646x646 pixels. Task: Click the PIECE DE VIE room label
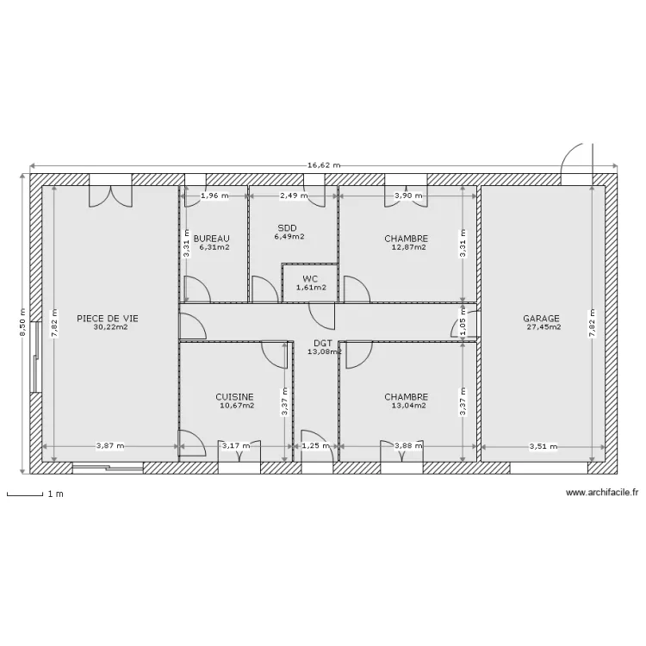pos(107,318)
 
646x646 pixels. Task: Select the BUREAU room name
pos(211,239)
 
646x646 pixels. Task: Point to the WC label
pos(309,278)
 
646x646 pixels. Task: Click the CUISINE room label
pos(234,397)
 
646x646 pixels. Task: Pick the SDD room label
pos(286,227)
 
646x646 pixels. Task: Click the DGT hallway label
pos(322,342)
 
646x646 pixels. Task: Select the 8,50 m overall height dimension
pos(23,324)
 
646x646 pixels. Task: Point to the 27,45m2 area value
pos(544,327)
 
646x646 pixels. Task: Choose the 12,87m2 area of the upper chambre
pos(408,247)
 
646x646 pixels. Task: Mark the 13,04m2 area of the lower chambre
pos(408,406)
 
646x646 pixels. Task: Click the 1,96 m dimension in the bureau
pos(214,196)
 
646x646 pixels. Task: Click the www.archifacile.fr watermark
pos(602,494)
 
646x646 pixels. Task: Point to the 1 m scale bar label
pos(55,494)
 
